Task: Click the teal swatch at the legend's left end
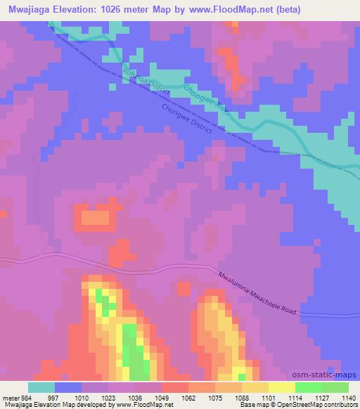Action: (x=41, y=387)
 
